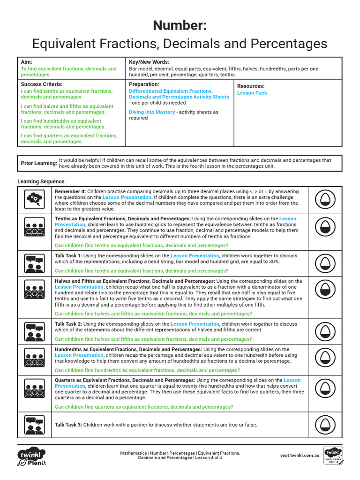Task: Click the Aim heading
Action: [26, 62]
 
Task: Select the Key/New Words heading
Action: [149, 62]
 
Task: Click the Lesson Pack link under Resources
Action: [252, 93]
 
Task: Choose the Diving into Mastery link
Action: [152, 112]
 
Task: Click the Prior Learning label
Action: [38, 163]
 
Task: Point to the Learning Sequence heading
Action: [41, 181]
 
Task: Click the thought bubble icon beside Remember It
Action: [34, 200]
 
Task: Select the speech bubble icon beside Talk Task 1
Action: [34, 263]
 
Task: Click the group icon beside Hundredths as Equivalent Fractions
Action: [34, 360]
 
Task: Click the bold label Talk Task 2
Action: [68, 324]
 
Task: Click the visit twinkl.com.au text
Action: [300, 455]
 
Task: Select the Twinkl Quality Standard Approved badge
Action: [333, 456]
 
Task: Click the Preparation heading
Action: [144, 84]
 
